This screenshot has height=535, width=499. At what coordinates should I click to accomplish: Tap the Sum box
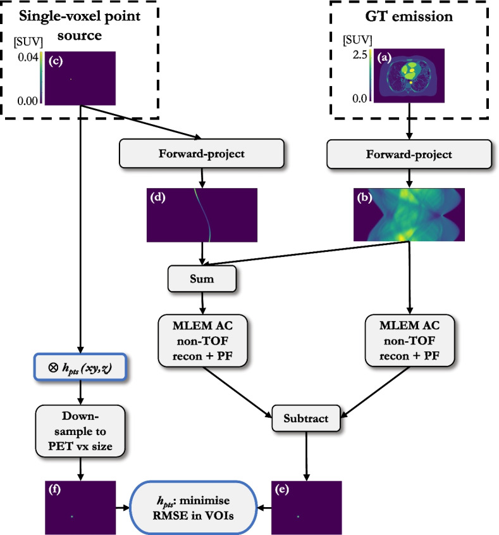pos(202,277)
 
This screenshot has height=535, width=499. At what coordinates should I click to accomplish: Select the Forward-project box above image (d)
pos(202,154)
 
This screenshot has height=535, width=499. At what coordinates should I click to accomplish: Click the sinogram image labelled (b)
pos(409,215)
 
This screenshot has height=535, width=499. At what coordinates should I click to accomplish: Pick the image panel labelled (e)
pos(306,508)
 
